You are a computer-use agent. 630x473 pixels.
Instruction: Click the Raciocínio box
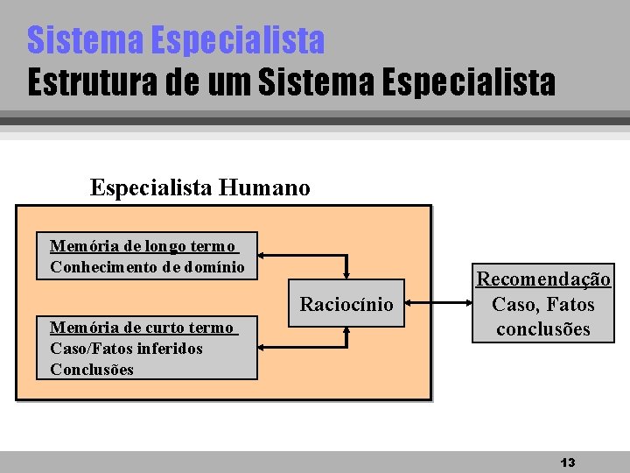346,304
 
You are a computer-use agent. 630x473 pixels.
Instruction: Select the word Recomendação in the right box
542,279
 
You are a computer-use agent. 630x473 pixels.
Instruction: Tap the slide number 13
567,462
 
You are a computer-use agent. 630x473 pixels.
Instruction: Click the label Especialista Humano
199,187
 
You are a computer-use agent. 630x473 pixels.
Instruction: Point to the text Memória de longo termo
143,246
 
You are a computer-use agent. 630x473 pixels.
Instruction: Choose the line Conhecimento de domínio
147,266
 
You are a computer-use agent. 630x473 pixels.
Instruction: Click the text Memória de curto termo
142,328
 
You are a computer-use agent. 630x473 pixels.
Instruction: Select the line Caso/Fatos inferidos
126,349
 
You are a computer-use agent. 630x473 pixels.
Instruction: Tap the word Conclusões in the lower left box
92,369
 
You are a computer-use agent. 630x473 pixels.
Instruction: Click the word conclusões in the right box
542,329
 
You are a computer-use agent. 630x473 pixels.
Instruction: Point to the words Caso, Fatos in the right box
542,305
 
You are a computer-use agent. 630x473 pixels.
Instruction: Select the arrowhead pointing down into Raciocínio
347,275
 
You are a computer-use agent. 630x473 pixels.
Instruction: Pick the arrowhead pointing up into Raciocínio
347,332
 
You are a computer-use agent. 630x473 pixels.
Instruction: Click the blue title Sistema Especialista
176,39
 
